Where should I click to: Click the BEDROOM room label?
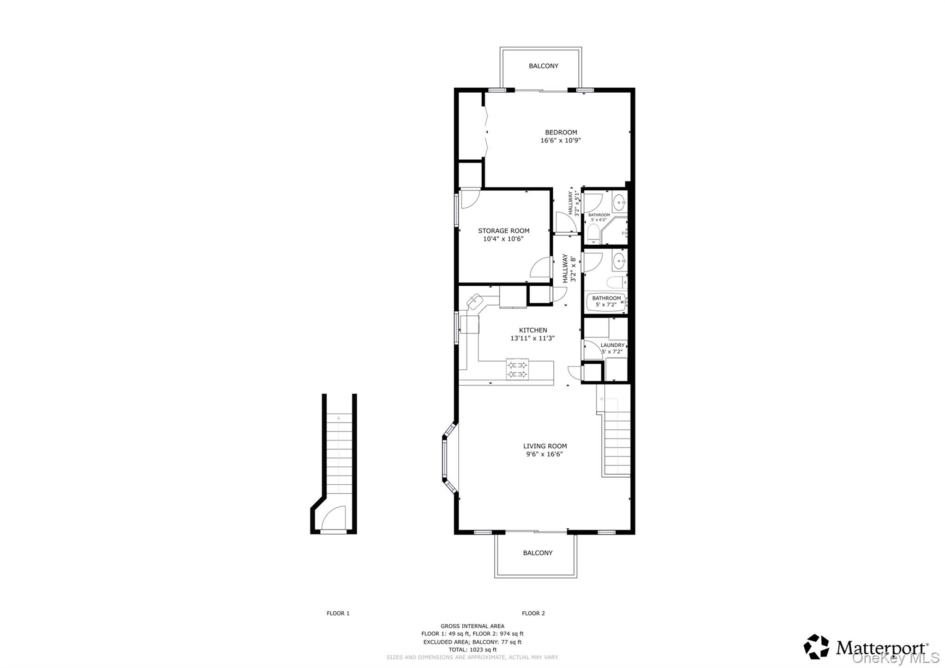pos(561,132)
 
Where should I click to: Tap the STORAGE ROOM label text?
pos(503,231)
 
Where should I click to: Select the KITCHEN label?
pos(533,330)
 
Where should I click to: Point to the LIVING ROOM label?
pos(545,446)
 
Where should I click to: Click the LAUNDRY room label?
pos(612,345)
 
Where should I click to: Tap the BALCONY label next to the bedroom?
pos(543,66)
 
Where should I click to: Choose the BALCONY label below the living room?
pos(538,553)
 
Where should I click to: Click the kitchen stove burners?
pos(517,370)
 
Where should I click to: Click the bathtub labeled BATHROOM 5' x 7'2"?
pos(606,302)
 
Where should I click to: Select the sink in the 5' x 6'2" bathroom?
pos(619,202)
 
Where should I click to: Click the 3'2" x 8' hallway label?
pos(569,268)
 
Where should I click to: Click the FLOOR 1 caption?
pos(338,613)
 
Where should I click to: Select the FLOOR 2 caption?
pos(533,613)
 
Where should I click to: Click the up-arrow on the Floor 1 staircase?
pos(339,418)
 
